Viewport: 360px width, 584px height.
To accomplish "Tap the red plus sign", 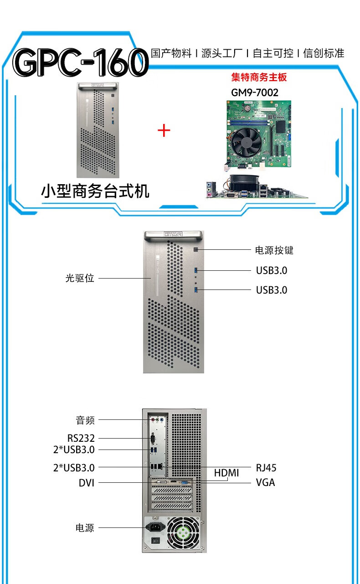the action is (164, 131).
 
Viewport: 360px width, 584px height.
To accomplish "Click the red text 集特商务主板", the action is (259, 77).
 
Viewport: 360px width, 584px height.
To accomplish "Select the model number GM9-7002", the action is (255, 93).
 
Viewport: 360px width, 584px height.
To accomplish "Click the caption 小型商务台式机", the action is (95, 191).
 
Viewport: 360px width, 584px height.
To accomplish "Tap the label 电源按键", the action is (274, 250).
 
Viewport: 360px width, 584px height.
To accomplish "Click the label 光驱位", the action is (80, 278).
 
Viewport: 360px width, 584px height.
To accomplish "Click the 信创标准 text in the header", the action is (324, 53).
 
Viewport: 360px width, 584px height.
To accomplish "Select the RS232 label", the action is (81, 438).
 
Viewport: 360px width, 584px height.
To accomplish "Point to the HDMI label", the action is (226, 473).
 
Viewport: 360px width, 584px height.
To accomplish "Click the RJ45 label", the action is (266, 468).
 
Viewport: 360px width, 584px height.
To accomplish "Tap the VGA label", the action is (265, 482).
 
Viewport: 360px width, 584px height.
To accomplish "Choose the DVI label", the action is (87, 483).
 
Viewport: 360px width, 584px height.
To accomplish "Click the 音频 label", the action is (85, 420).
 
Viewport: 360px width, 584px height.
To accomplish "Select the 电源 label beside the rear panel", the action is (85, 528).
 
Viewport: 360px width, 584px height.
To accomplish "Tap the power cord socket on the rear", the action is (154, 528).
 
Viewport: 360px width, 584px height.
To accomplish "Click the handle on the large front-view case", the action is (173, 235).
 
